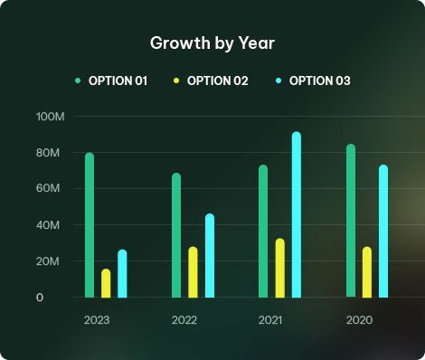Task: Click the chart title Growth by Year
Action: [212, 43]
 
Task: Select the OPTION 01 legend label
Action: [118, 81]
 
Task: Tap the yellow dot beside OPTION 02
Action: [176, 81]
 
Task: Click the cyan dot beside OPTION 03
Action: [279, 81]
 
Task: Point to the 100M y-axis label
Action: [51, 117]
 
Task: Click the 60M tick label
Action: [48, 188]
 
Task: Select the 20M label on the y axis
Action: [48, 261]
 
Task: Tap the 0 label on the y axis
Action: [40, 298]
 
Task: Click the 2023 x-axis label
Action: [97, 320]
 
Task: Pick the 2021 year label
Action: [270, 320]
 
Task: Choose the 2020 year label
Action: [359, 320]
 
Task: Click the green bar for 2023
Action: [90, 225]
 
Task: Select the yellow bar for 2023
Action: [106, 283]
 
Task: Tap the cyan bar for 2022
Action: [210, 256]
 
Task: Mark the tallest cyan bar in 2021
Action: [297, 214]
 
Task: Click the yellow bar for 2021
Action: [280, 268]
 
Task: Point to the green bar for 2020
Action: [351, 221]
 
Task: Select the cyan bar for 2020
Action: [383, 232]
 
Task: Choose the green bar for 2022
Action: [176, 235]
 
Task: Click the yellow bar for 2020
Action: [367, 272]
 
